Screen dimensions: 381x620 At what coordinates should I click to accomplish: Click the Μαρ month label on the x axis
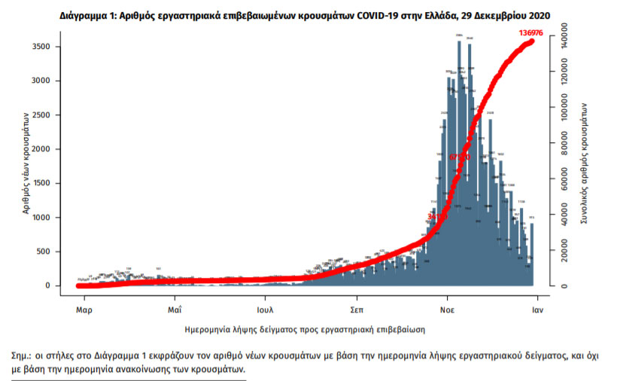(83, 309)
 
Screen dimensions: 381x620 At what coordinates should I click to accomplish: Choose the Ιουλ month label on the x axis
(264, 309)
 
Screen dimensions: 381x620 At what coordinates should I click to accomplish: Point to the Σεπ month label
(357, 309)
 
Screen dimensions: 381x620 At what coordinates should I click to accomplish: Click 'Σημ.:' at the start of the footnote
(23, 355)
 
